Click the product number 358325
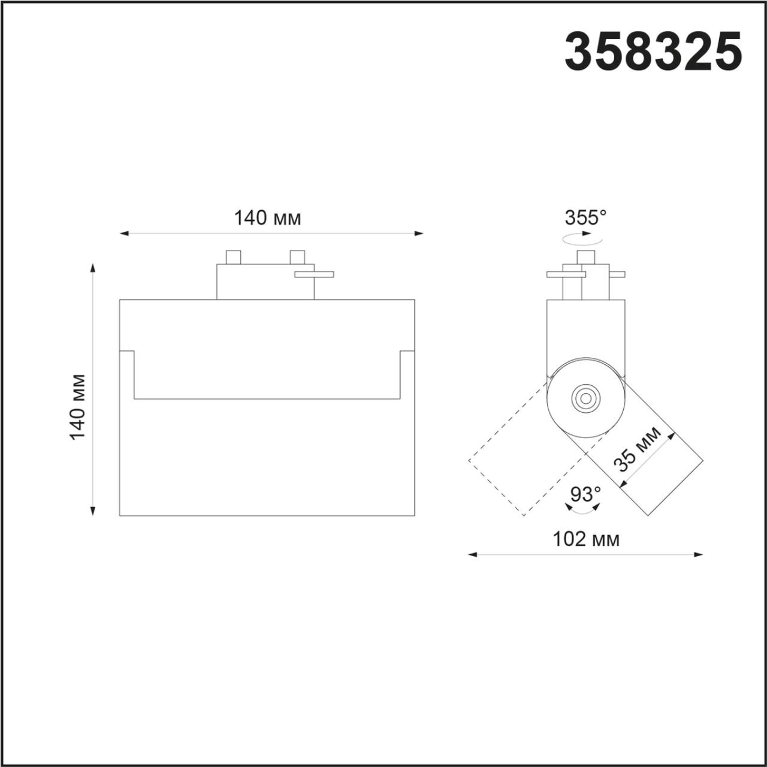click(x=653, y=52)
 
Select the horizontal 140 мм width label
click(x=267, y=218)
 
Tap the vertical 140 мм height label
click(x=78, y=406)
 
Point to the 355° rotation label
click(x=585, y=218)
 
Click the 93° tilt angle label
click(x=585, y=494)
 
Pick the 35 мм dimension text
click(x=636, y=449)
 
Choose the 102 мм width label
click(x=585, y=539)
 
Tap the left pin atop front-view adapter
click(x=233, y=257)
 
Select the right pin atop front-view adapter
click(x=297, y=257)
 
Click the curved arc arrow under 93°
click(x=584, y=509)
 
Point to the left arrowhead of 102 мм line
click(x=472, y=555)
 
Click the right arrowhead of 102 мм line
click(x=699, y=555)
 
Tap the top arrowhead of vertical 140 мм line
click(x=93, y=267)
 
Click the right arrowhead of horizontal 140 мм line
click(x=419, y=233)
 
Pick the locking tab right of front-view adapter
click(x=313, y=274)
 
